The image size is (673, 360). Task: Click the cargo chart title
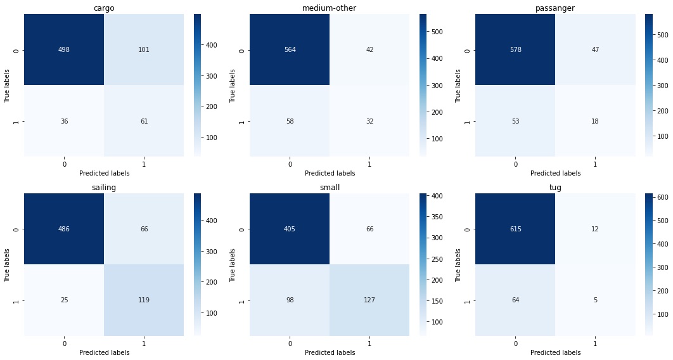tap(104, 8)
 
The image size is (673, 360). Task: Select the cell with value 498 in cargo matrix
tap(64, 50)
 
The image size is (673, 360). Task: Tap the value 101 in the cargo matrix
tap(144, 50)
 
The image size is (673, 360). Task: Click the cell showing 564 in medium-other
tap(290, 50)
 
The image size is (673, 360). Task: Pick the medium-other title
tap(330, 8)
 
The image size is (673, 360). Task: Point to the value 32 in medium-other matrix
tap(369, 121)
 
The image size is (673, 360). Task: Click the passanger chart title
tap(555, 8)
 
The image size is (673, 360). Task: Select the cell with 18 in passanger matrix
tap(595, 121)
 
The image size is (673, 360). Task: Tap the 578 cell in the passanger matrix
tap(515, 50)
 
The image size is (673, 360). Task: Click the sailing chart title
tap(104, 188)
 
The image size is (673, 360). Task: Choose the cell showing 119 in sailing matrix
tap(144, 300)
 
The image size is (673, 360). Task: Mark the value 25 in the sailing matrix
tap(64, 300)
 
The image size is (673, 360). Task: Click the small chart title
tap(330, 188)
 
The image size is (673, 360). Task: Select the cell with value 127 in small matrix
tap(369, 300)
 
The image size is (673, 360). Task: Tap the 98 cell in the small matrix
tap(290, 300)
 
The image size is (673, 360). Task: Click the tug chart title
tap(555, 188)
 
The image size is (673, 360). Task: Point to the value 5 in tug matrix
tap(595, 300)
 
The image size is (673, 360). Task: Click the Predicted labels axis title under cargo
tap(104, 173)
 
